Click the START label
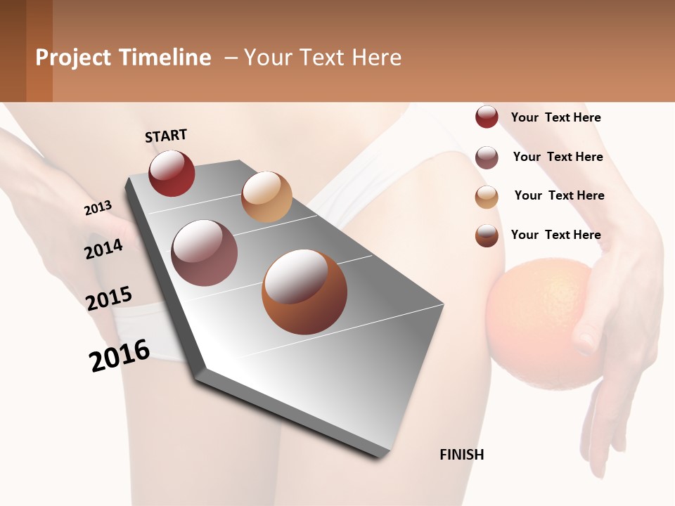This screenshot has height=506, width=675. (166, 136)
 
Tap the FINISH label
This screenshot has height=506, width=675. (461, 455)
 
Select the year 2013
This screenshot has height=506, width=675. (98, 208)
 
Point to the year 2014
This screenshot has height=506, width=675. (103, 249)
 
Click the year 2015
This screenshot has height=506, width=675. (109, 299)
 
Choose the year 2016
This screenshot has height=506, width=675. (120, 355)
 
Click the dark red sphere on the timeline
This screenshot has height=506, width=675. (172, 173)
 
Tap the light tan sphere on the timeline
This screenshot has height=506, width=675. (266, 197)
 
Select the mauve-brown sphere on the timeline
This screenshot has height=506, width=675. (204, 253)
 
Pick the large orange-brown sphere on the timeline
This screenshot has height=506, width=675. (304, 292)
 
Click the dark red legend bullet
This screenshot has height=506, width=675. (487, 117)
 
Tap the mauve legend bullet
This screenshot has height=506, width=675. (487, 157)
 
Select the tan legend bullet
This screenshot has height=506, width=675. (487, 197)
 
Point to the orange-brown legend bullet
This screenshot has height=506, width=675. (487, 235)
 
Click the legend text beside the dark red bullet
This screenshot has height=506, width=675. (555, 117)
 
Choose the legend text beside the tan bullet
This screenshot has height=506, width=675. (559, 195)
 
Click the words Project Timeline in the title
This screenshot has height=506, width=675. (123, 58)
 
